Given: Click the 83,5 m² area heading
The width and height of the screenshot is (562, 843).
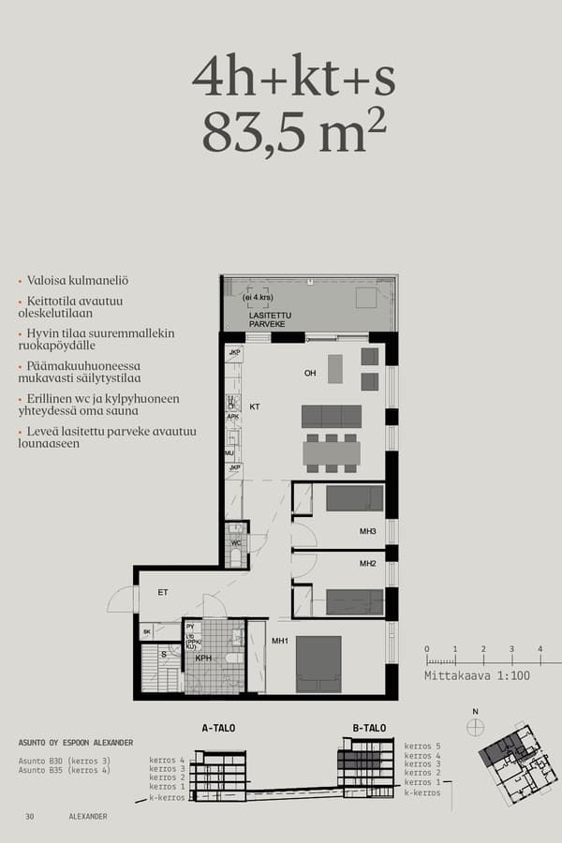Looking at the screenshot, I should [293, 134].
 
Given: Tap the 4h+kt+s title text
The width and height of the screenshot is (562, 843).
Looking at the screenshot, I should [293, 77].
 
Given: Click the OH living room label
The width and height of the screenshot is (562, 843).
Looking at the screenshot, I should [310, 373].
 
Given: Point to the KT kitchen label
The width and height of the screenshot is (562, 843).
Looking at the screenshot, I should [255, 407].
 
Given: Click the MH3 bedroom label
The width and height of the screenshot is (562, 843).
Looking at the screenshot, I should [367, 532].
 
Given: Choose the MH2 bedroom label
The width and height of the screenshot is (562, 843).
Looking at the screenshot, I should [367, 564].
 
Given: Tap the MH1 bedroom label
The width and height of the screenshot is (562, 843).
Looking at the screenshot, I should [279, 641].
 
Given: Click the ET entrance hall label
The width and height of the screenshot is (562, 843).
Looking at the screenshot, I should [162, 592].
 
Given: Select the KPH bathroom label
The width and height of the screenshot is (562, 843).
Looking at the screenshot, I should [203, 658].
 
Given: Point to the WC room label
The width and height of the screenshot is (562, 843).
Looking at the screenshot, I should [236, 543].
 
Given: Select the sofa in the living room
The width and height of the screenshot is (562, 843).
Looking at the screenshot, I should [332, 416].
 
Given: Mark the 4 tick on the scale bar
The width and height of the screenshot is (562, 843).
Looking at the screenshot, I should [540, 649].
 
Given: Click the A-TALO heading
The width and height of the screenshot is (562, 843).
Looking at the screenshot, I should [218, 727].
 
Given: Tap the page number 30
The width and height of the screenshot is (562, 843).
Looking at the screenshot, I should [30, 817].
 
